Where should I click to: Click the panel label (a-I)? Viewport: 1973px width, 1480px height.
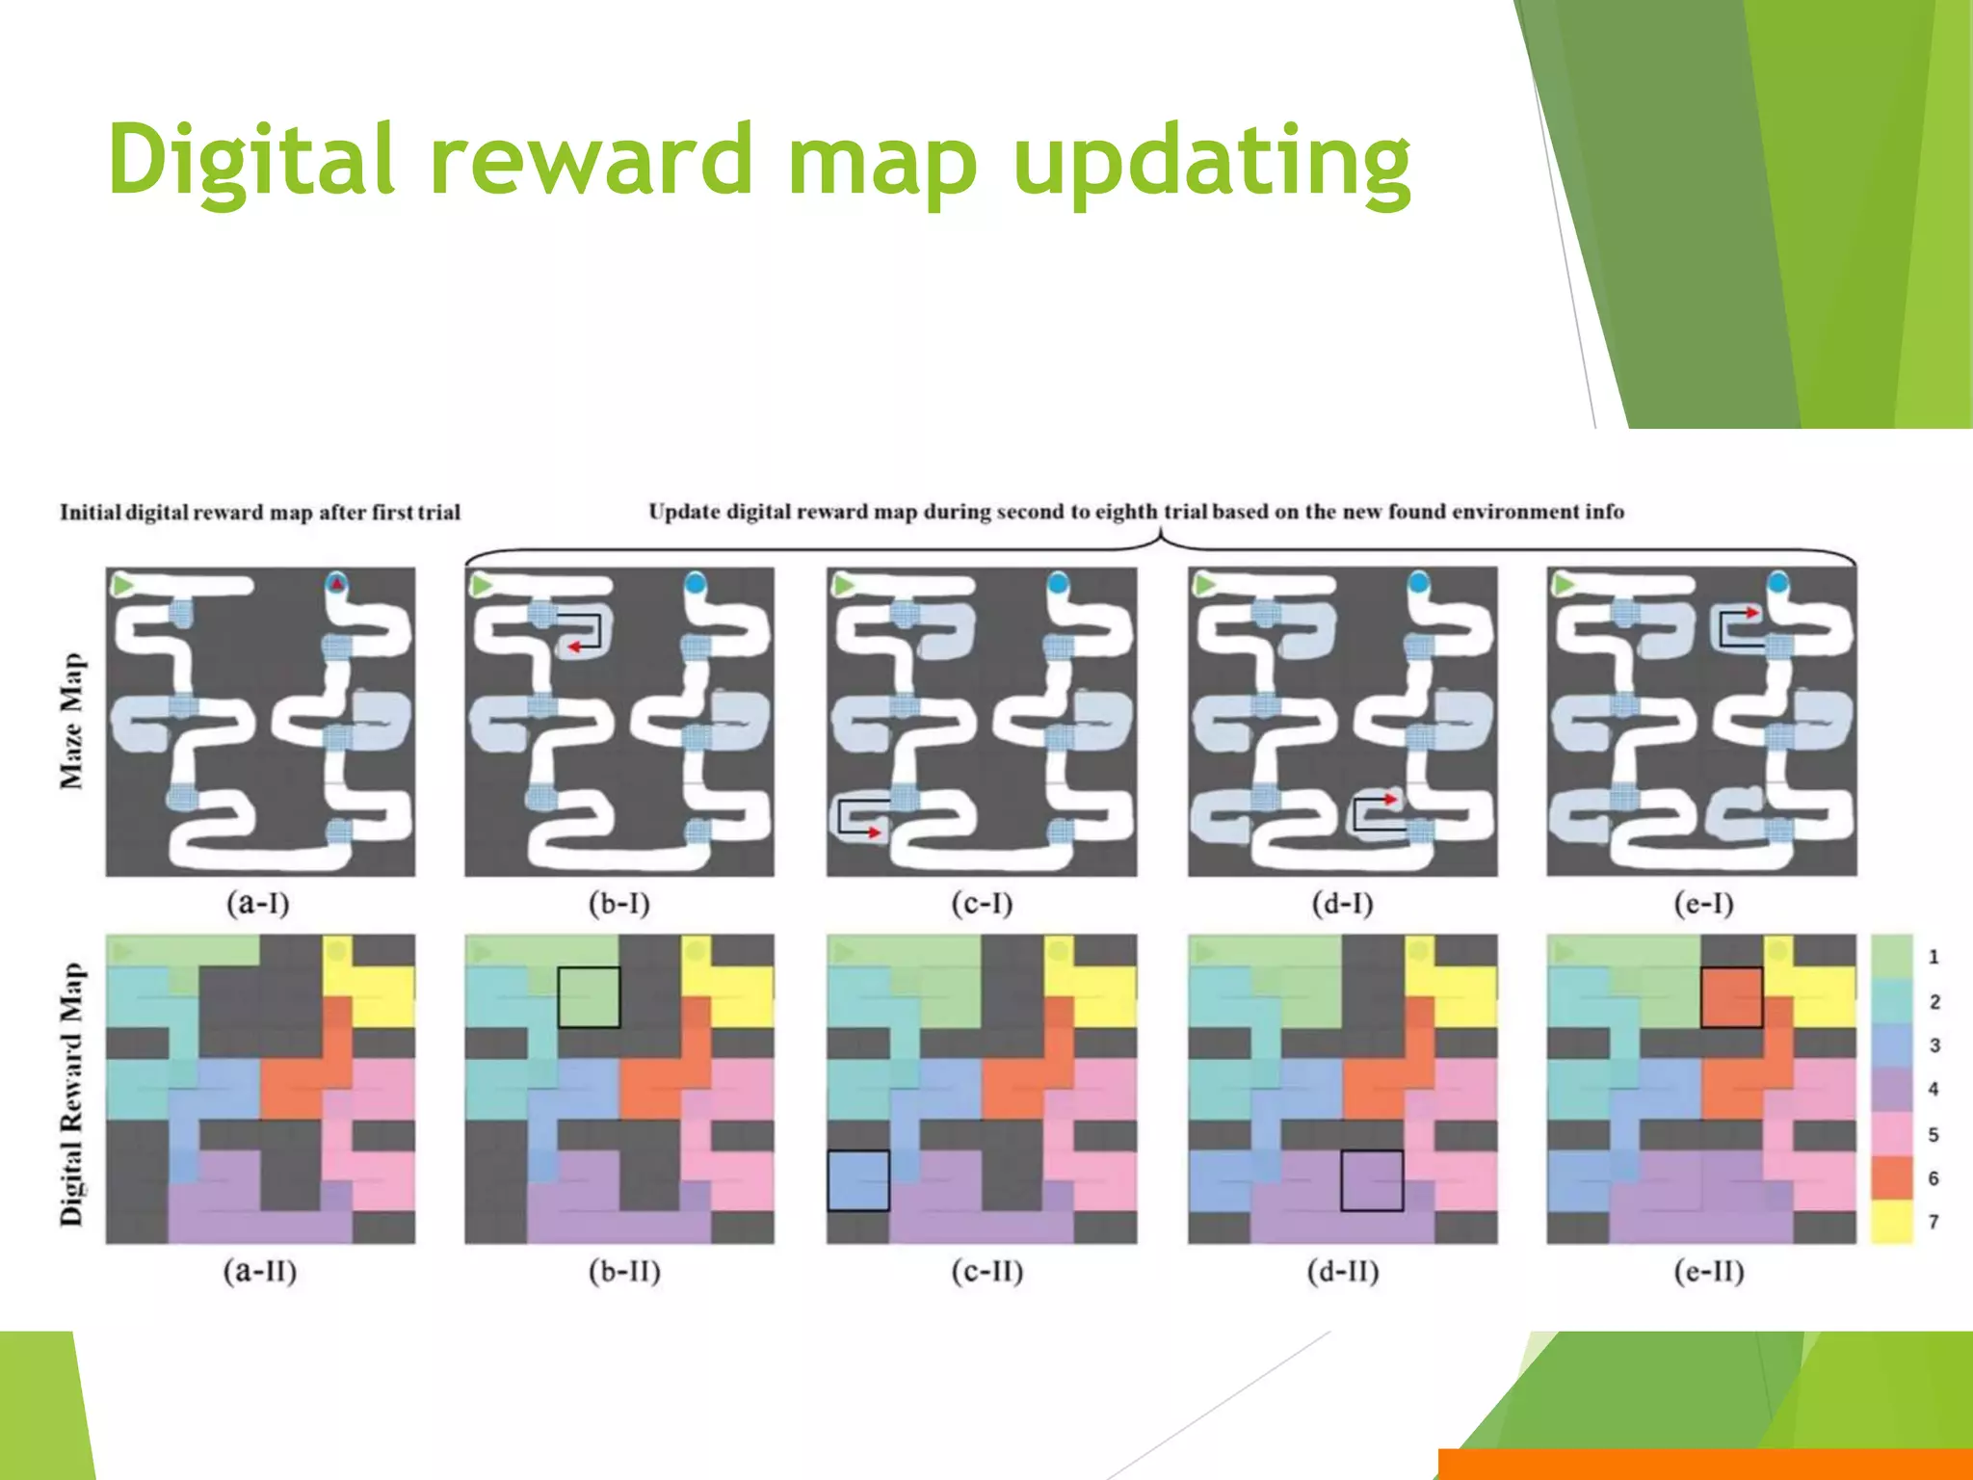pos(258,904)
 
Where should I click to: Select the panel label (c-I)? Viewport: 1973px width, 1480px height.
pos(982,904)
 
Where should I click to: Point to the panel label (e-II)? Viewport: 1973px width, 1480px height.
pos(1709,1272)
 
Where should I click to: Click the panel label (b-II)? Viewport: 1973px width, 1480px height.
pos(624,1272)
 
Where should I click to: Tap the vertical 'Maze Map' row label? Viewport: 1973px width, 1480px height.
pos(72,721)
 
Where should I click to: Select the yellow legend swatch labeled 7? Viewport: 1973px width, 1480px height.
pos(1891,1222)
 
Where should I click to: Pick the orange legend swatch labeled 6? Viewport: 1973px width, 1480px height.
pos(1891,1177)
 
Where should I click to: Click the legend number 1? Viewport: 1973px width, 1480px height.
pos(1933,957)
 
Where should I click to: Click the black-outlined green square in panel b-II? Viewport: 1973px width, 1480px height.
pos(589,997)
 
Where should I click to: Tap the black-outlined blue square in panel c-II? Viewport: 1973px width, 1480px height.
pos(857,1180)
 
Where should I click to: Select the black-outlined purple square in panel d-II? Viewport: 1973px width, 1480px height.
pos(1372,1180)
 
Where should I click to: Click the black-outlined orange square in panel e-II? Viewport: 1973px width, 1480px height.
pos(1731,997)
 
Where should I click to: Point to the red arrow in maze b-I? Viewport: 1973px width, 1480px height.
pos(575,647)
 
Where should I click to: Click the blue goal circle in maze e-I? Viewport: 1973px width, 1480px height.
pos(1777,583)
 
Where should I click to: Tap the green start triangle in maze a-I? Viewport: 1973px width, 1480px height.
pos(121,585)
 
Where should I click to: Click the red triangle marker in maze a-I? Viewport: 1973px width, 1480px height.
pos(336,582)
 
